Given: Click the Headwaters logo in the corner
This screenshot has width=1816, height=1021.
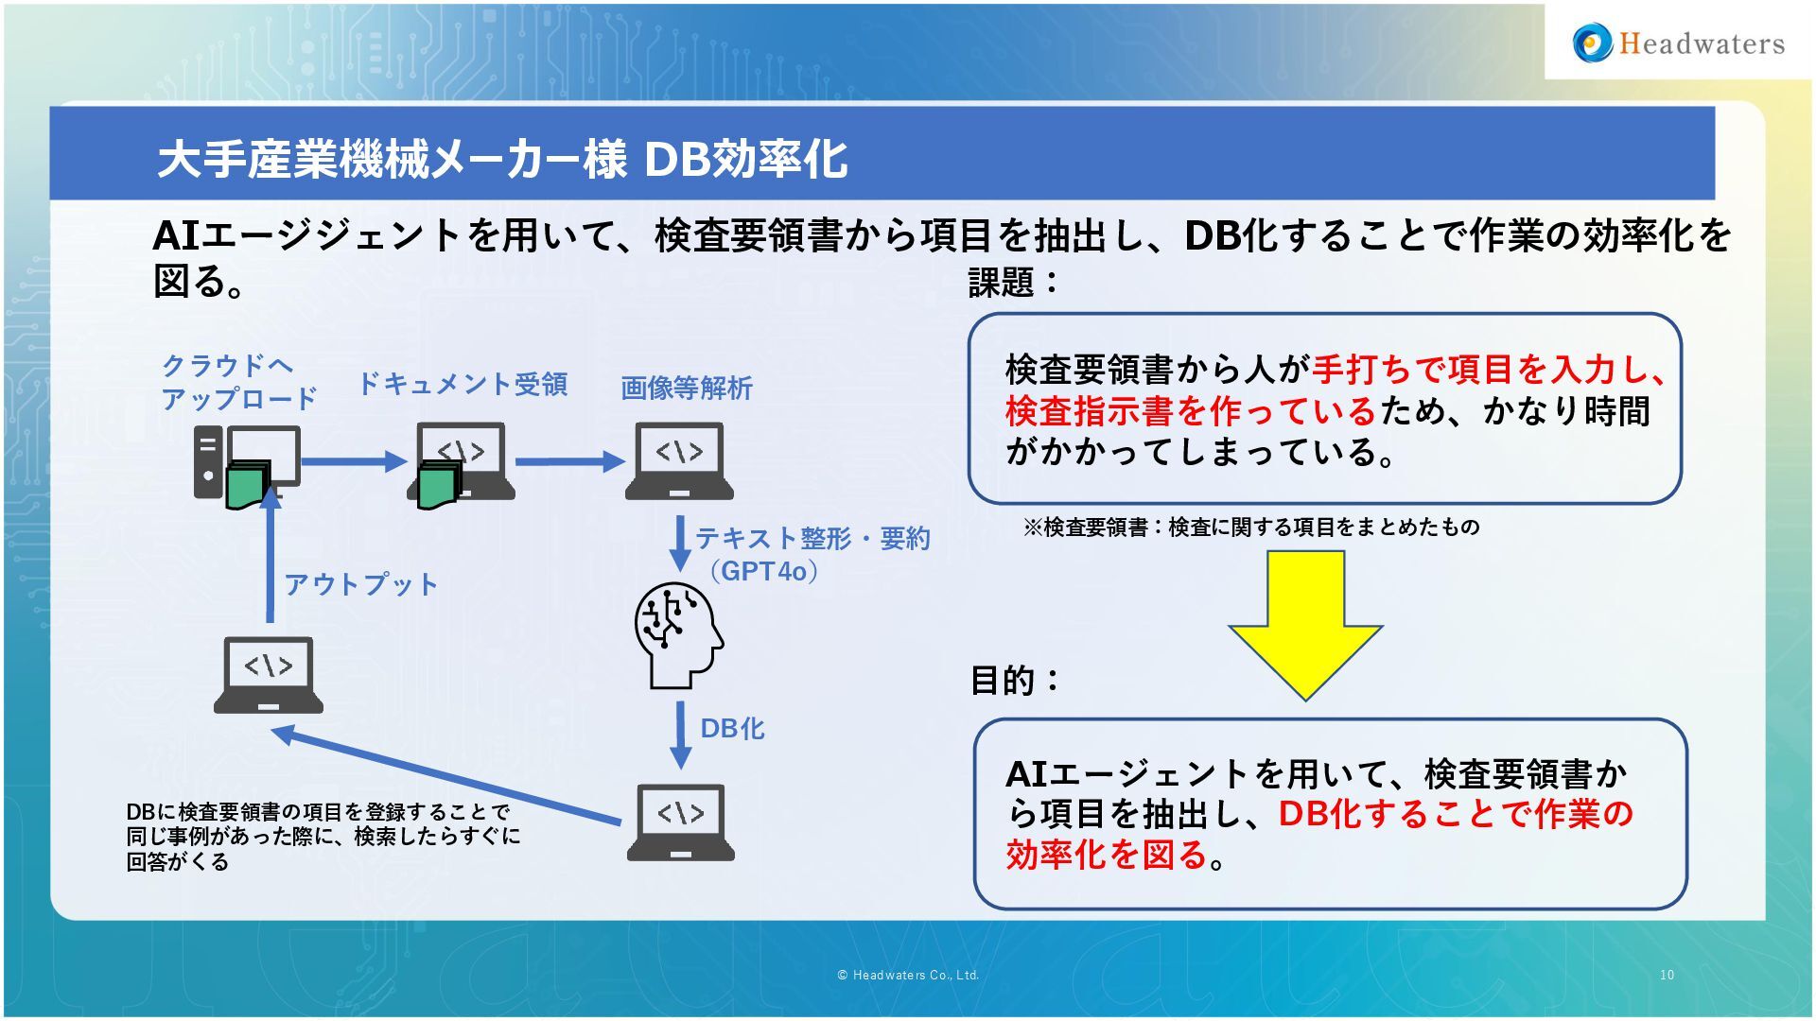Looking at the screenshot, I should pos(1678,43).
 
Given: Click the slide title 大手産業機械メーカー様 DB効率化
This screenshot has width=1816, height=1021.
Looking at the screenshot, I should pos(501,159).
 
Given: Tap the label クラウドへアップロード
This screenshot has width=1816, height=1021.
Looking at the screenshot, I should pos(238,382).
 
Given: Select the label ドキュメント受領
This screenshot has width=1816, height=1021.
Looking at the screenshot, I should pos(462,384).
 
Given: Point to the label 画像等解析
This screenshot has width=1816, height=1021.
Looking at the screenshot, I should pos(686,388).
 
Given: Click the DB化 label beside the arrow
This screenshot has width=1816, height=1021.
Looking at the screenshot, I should pos(732,728).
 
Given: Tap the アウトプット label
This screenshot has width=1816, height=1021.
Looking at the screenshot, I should pos(361,584).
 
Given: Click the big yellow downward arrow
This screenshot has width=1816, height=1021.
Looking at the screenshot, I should pos(1305,624).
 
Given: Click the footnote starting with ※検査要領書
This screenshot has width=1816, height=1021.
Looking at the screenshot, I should pos(1250,527).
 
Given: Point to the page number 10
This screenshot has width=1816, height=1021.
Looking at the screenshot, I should pos(1667,975).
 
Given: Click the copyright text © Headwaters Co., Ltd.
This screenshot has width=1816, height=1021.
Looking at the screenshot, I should pos(908,975).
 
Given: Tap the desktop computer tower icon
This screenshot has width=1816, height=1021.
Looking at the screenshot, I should pos(209,461).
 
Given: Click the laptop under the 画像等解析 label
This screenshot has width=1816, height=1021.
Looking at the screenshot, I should pos(679,460).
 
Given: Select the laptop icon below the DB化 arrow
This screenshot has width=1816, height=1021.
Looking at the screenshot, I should pos(680,822).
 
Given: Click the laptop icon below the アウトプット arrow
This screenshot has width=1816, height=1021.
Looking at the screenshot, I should pos(269,675).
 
